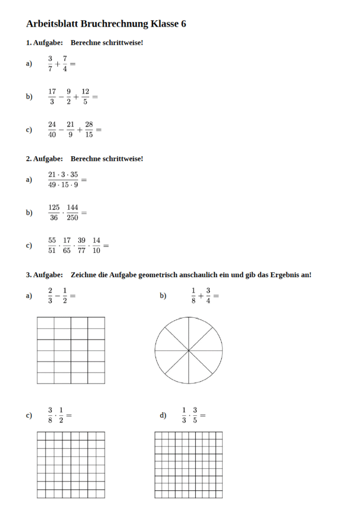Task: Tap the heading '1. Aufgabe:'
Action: pos(44,43)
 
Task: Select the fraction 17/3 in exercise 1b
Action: pos(52,97)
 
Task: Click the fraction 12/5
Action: pos(85,97)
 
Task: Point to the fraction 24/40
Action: pos(52,130)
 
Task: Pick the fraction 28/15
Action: pos(89,130)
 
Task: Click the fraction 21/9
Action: pos(70,130)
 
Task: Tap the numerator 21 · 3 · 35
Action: pos(63,174)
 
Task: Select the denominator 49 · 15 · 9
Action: pos(63,184)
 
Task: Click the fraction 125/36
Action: pos(54,213)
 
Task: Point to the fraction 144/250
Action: pos(72,213)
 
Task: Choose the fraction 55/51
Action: pos(52,245)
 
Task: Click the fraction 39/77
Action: pos(81,245)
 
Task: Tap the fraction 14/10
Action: pos(96,245)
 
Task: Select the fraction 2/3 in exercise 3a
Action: pos(50,296)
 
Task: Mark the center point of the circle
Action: pos(189,350)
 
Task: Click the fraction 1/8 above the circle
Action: pos(193,296)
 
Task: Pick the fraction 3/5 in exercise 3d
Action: pos(195,415)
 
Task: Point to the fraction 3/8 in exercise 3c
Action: pos(50,415)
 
